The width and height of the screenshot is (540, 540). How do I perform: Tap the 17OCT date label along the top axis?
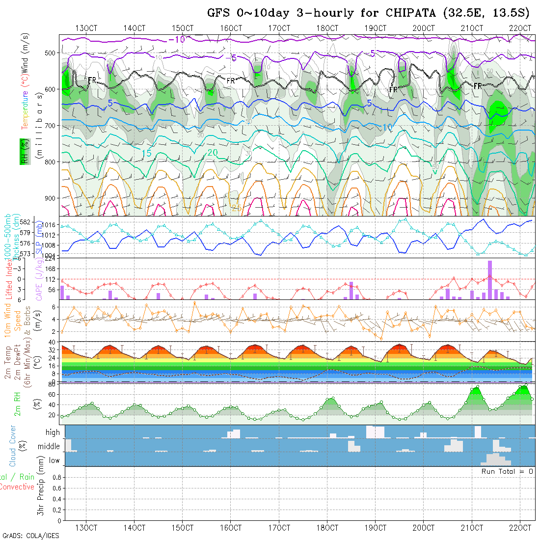(x=279, y=28)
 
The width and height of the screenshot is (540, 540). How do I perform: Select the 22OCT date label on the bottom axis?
(x=520, y=528)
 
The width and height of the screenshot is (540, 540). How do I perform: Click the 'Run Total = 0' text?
(x=507, y=471)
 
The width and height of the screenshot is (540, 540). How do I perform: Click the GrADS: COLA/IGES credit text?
(x=30, y=536)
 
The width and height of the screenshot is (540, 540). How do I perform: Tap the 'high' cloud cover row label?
(x=53, y=432)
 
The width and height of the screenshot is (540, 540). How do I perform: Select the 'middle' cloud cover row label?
(x=49, y=447)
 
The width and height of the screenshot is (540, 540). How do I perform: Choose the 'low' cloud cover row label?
(x=54, y=460)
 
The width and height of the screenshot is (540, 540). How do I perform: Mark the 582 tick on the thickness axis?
(x=41, y=222)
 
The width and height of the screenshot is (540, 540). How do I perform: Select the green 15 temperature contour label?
(x=146, y=153)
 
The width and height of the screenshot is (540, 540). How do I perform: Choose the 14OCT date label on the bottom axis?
(x=135, y=528)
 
